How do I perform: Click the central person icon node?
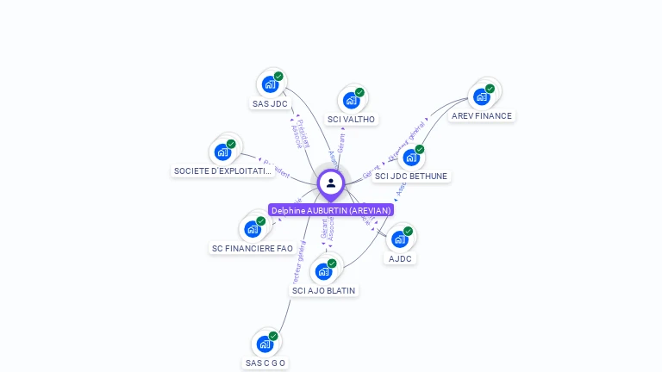(331, 183)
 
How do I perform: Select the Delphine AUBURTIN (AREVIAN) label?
(331, 210)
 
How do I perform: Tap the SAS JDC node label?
(270, 104)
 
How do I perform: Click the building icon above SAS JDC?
(270, 84)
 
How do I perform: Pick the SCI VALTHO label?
(352, 120)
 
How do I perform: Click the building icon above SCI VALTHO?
(351, 100)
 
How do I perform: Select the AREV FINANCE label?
(481, 116)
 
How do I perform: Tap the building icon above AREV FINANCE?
(481, 96)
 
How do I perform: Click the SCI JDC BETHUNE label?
(412, 177)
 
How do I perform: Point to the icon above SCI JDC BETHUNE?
(411, 157)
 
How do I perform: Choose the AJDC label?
(400, 258)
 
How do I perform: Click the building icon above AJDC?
(399, 239)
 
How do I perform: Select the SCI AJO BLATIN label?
(324, 291)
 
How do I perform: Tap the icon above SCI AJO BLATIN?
(323, 271)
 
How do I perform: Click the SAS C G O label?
(265, 363)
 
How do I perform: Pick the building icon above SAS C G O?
(265, 344)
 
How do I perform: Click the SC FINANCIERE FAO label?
(253, 249)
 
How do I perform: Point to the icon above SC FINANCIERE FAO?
(253, 229)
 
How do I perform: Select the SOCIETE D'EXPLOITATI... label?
(223, 171)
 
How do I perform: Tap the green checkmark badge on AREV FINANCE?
(490, 89)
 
